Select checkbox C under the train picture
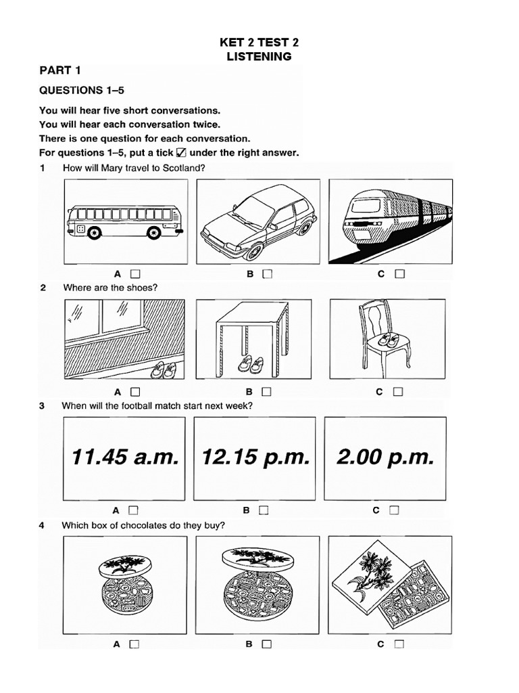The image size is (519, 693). pos(399,274)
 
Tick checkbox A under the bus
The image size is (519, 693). pos(135,274)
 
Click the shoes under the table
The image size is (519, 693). pos(252,364)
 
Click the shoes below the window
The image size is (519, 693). pos(164,370)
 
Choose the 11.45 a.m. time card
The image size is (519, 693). pos(125,458)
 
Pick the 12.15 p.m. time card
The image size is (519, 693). pos(255,458)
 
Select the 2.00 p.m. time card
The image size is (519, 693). pos(385,458)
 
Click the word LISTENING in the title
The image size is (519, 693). pos(259,57)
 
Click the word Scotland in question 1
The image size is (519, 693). pos(181,169)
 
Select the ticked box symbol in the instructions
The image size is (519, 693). pos(181,152)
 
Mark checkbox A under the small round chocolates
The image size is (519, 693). pos(134,644)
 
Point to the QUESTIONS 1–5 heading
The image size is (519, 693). pos(82,90)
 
